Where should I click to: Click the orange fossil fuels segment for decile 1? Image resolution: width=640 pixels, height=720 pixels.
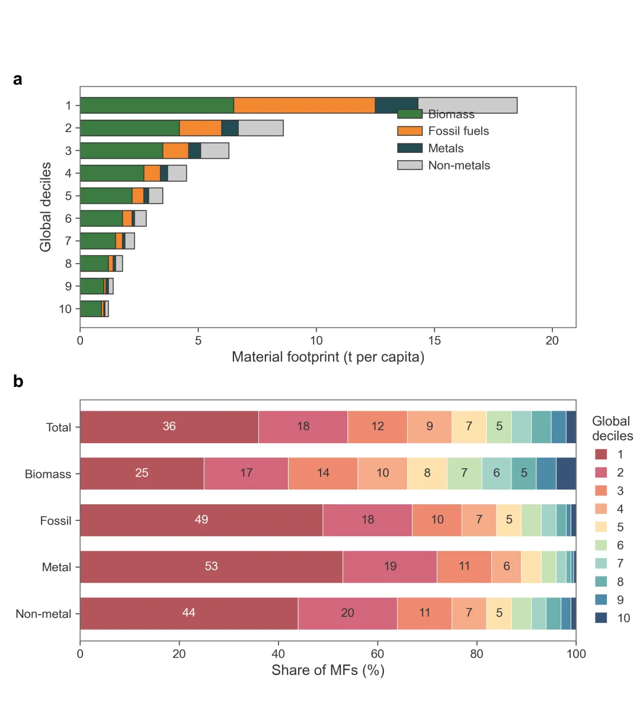pyautogui.click(x=304, y=105)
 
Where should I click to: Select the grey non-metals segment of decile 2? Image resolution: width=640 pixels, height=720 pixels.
pyautogui.click(x=261, y=128)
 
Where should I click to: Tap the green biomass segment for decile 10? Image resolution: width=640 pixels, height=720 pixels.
pyautogui.click(x=91, y=309)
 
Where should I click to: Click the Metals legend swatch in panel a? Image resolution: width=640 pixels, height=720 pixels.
pyautogui.click(x=409, y=148)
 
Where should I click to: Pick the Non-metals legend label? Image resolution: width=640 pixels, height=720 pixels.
pyautogui.click(x=459, y=165)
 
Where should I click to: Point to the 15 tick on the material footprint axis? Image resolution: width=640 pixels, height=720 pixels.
pyautogui.click(x=434, y=341)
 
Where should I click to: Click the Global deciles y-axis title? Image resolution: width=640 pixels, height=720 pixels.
pyautogui.click(x=46, y=207)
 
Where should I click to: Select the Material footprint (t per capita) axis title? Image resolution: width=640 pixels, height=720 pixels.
pyautogui.click(x=328, y=357)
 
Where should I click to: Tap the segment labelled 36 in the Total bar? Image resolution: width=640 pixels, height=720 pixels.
pyautogui.click(x=169, y=427)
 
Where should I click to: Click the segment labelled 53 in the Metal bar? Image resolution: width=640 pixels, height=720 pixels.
pyautogui.click(x=211, y=567)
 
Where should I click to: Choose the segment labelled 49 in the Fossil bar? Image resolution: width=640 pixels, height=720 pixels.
pyautogui.click(x=201, y=520)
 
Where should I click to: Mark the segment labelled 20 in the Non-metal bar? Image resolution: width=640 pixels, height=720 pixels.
pyautogui.click(x=347, y=613)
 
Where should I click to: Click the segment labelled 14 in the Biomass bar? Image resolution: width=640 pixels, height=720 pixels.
pyautogui.click(x=323, y=473)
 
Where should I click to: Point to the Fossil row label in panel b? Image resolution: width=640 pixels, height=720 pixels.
pyautogui.click(x=55, y=521)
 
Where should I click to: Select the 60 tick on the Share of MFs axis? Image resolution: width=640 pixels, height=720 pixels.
pyautogui.click(x=377, y=654)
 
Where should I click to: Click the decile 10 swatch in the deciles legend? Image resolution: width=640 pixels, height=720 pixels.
pyautogui.click(x=601, y=618)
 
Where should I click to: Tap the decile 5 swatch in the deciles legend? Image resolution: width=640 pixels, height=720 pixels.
pyautogui.click(x=601, y=527)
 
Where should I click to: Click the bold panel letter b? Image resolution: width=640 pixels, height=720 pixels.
pyautogui.click(x=18, y=382)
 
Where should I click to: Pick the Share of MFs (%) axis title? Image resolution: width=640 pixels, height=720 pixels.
pyautogui.click(x=328, y=670)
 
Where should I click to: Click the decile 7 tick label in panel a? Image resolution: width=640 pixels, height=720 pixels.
pyautogui.click(x=68, y=241)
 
